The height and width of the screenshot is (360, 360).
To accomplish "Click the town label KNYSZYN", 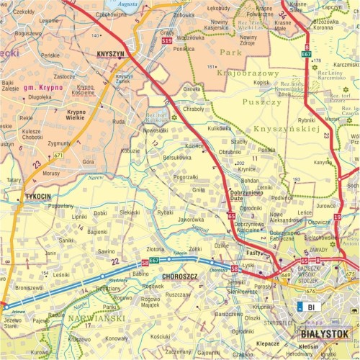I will [x=110, y=53].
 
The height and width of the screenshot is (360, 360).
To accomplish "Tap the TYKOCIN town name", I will [x=37, y=196].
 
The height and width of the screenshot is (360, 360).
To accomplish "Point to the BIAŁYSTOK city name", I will [x=324, y=334].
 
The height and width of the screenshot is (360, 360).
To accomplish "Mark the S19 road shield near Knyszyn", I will [x=166, y=41].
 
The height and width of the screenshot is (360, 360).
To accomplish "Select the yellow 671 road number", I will [x=58, y=156].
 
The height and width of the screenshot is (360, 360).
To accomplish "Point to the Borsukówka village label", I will [x=178, y=157].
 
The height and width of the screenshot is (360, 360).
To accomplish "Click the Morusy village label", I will [x=51, y=174].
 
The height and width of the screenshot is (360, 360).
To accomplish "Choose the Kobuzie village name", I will [x=131, y=151].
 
